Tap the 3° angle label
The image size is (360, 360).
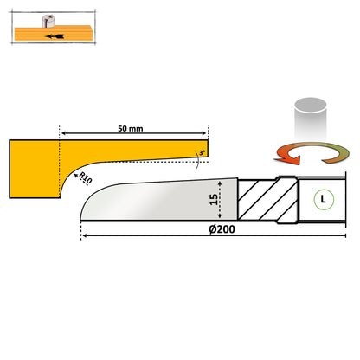coord(202,153)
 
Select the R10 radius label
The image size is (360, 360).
coord(85,178)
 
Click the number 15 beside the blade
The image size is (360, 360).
coord(214,201)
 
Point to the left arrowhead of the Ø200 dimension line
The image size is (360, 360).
coord(84,237)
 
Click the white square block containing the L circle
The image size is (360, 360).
coord(322,200)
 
